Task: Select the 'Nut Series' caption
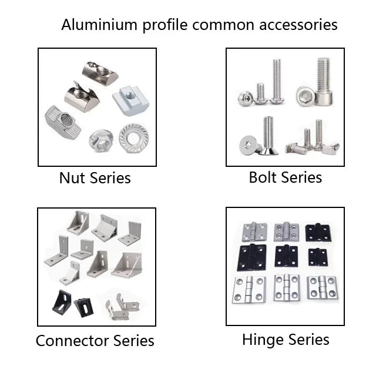tap(95, 177)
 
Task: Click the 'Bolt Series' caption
tap(286, 177)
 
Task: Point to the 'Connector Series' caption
tap(95, 341)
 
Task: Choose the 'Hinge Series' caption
tap(286, 340)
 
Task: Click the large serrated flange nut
tap(133, 138)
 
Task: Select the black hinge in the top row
tap(317, 231)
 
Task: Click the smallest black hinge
tap(317, 257)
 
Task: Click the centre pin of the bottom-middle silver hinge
tap(286, 288)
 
